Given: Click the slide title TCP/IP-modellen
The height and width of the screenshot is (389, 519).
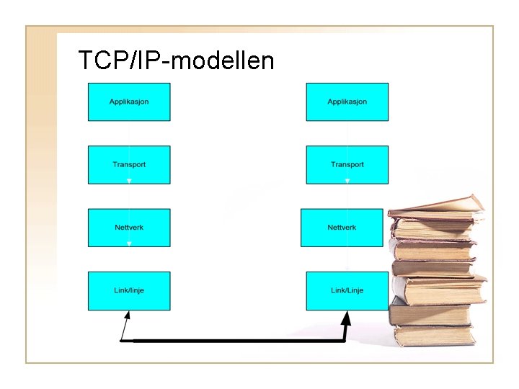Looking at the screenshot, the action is pos(176,61).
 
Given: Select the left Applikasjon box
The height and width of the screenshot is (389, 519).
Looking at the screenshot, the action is pos(129,102).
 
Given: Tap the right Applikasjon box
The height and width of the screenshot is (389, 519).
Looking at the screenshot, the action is pos(347,102).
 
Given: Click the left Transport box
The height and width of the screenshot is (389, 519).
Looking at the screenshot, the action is pos(129,165).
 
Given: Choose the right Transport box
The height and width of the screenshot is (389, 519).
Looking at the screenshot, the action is pos(347,165).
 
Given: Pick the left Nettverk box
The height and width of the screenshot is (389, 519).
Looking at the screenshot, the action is pos(129,228).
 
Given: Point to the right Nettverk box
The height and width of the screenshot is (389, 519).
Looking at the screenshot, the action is pos(342,228).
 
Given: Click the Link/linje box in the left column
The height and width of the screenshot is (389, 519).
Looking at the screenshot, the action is pos(129,290).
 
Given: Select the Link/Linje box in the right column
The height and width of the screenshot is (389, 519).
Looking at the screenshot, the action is pos(347,290).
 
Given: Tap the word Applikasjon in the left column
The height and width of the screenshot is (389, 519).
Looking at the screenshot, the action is pos(129,102).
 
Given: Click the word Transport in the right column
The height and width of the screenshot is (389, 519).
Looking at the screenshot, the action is pos(347,165).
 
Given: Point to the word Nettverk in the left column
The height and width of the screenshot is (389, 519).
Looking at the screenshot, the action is pos(129,228).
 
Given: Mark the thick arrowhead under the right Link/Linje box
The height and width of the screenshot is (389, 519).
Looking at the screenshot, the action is pos(347,317).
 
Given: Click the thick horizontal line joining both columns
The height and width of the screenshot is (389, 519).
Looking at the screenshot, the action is pos(238,340).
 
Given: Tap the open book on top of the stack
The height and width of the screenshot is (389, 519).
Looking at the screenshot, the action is pos(436,205).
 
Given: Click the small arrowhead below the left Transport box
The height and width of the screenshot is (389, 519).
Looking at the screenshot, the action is pos(129,182).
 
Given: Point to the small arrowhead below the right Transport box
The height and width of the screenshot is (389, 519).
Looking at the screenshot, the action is pos(347,182).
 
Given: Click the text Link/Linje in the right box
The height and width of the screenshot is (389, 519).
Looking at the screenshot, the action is pos(347,290).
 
